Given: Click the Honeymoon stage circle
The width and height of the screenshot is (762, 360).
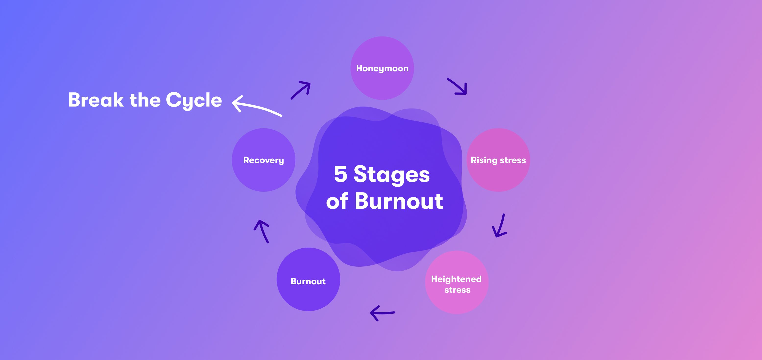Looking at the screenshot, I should [x=382, y=68].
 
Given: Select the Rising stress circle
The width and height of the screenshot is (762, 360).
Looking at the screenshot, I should [x=498, y=160].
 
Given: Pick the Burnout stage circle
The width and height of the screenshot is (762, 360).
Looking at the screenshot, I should [x=308, y=279].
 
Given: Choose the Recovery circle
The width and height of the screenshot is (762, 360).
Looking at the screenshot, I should [x=263, y=160].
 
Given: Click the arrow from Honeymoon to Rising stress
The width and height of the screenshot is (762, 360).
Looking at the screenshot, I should [x=457, y=86].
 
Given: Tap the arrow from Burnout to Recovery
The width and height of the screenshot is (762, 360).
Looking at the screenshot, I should [x=262, y=231].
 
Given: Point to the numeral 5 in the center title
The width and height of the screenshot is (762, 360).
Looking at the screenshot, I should [x=340, y=174].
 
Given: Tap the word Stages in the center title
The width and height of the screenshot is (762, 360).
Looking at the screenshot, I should [x=392, y=175].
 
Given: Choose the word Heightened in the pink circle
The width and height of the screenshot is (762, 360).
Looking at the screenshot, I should [x=456, y=279].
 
